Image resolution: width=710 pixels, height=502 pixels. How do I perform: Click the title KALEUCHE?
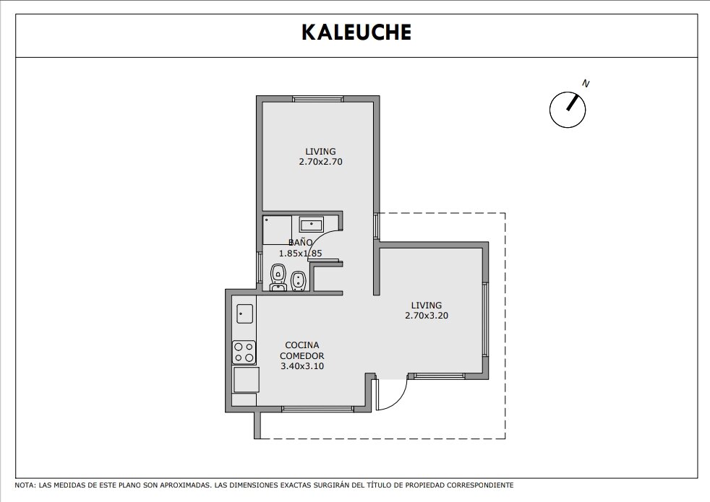point(356,32)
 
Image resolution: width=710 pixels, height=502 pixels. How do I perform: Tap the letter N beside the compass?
point(586,84)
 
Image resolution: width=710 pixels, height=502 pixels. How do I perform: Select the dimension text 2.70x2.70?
point(320,162)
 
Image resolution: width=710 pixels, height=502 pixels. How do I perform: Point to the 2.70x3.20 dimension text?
point(427,315)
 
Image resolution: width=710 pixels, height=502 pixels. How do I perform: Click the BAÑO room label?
point(300,243)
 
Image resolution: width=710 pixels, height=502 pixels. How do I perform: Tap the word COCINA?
point(302,345)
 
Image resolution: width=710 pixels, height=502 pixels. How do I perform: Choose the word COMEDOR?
point(302,355)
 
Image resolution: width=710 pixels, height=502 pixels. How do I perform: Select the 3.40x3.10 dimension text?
point(302,366)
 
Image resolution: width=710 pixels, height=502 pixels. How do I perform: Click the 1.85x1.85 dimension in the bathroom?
point(300,254)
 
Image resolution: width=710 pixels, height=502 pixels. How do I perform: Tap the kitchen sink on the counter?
point(245,313)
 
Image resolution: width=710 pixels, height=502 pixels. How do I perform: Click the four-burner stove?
point(244,352)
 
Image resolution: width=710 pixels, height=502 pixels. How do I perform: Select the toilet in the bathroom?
point(278,277)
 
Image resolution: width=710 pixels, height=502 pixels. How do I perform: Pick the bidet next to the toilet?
point(298,281)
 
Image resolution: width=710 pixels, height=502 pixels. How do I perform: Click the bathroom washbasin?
point(312,224)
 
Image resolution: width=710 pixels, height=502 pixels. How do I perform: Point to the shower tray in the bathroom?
point(277,230)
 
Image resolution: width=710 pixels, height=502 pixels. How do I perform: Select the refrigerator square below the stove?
point(246,379)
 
